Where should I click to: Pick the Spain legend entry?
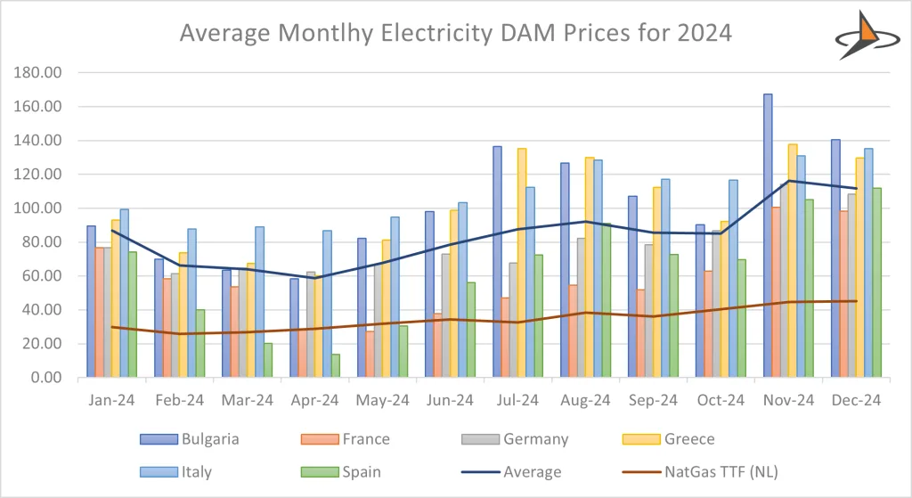361,471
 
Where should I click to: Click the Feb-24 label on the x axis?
179,400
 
